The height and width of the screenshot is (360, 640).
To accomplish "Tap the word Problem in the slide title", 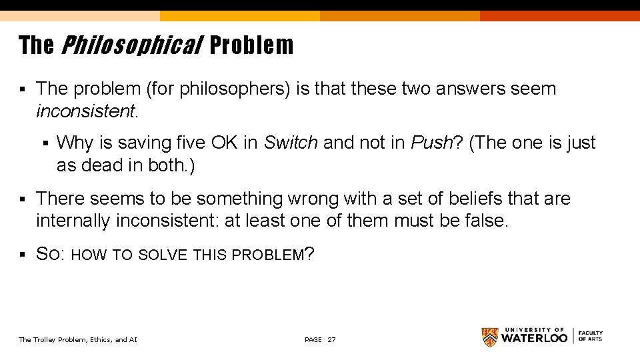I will pyautogui.click(x=251, y=45).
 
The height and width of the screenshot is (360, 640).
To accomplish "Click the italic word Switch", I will pyautogui.click(x=291, y=143).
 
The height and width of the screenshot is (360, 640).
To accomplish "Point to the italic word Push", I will pyautogui.click(x=431, y=143).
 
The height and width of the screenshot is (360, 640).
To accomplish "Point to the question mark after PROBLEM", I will pyautogui.click(x=309, y=254).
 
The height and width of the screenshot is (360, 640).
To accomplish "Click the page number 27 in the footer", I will pyautogui.click(x=332, y=340).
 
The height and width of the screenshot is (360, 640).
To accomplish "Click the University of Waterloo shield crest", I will pyautogui.click(x=490, y=337).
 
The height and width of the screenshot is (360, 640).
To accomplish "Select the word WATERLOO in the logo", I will pyautogui.click(x=535, y=339).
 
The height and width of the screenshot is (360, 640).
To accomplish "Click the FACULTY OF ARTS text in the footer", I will pyautogui.click(x=590, y=336).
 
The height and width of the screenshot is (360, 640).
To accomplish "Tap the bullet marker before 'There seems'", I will pyautogui.click(x=23, y=199).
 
